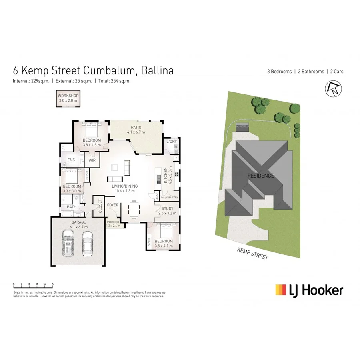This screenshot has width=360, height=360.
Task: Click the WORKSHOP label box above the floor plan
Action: [x=68, y=98]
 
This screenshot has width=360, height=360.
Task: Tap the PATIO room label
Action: [x=136, y=127]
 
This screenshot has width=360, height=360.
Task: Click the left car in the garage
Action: [x=68, y=244]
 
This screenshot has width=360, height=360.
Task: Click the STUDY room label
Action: [x=167, y=208]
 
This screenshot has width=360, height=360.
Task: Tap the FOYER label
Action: [x=113, y=205]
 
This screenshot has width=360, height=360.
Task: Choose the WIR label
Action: [x=92, y=160]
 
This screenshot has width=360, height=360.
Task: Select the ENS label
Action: [x=71, y=160]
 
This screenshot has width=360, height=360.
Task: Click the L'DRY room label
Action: [x=171, y=142]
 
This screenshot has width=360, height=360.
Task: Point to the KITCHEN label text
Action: [x=165, y=176]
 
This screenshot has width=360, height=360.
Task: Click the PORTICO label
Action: [x=113, y=222]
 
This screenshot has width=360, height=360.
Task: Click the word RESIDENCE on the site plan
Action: [x=260, y=176]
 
